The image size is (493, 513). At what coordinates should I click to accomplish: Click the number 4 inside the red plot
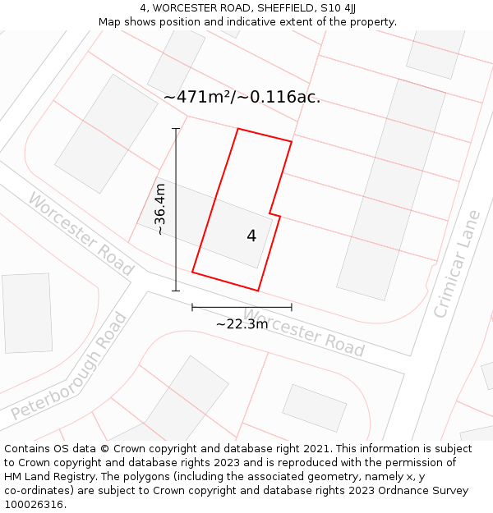(x=251, y=236)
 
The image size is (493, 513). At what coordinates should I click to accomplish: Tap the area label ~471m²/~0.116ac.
(x=242, y=97)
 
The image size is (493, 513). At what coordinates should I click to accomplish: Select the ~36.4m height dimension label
(x=160, y=209)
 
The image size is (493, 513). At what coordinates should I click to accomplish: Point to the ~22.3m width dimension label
(x=242, y=323)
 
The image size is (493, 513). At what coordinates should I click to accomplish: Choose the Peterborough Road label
(x=70, y=367)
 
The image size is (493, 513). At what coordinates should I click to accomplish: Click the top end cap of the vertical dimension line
(x=175, y=129)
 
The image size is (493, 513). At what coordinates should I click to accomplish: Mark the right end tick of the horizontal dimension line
(x=292, y=307)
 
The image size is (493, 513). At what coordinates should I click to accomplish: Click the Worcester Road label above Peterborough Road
(x=81, y=234)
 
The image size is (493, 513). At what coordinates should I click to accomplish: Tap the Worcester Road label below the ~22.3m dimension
(x=305, y=333)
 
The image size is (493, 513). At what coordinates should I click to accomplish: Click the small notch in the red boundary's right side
(x=275, y=215)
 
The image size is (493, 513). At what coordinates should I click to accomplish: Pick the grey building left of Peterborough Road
(x=27, y=313)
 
